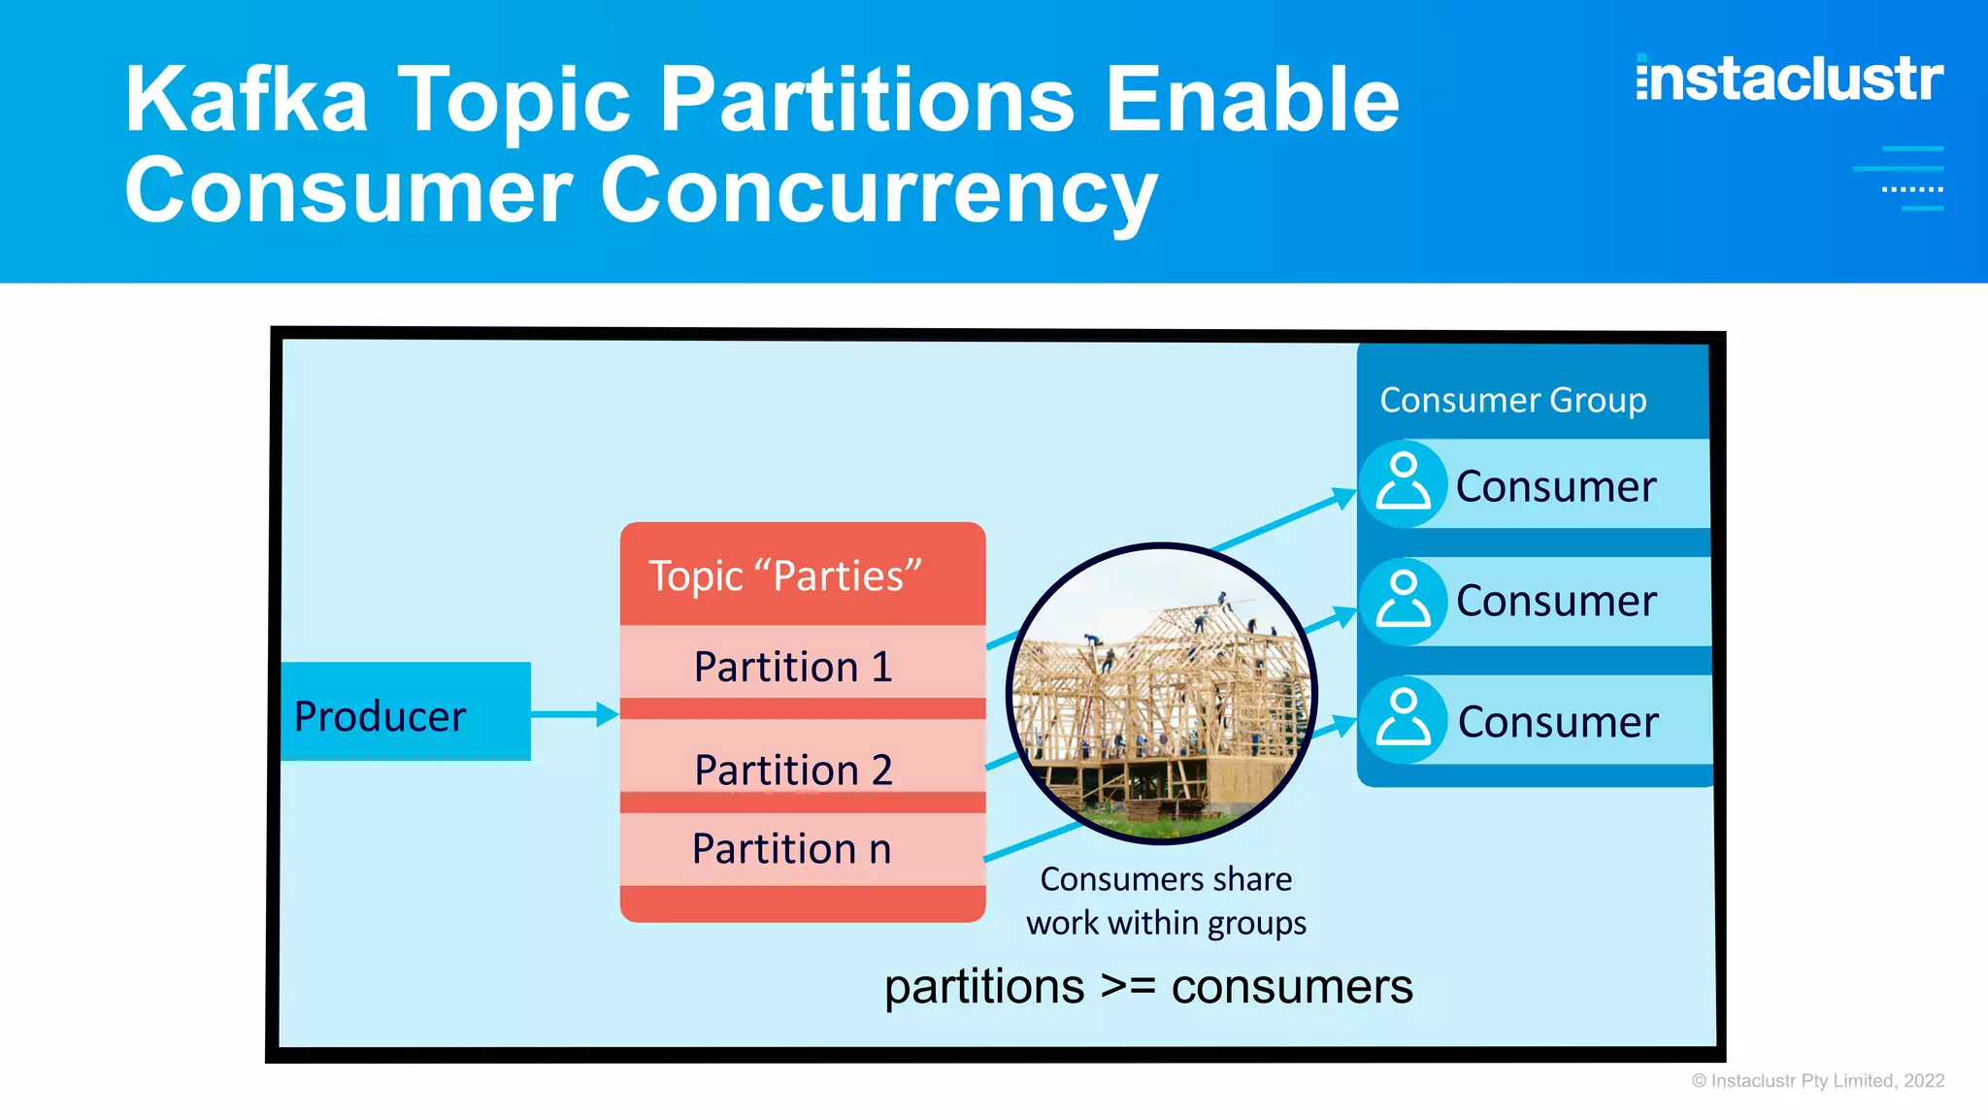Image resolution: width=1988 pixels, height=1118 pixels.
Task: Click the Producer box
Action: (x=405, y=712)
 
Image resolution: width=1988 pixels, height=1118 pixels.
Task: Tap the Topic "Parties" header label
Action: (x=784, y=575)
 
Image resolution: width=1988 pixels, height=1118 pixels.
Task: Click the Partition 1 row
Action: (x=793, y=666)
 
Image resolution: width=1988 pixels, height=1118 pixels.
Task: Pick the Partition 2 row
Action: (x=793, y=769)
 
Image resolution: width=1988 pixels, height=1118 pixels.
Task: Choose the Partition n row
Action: (x=793, y=848)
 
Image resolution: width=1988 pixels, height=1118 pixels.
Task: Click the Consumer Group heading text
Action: (x=1512, y=400)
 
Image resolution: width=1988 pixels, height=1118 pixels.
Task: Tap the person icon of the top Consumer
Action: (x=1404, y=483)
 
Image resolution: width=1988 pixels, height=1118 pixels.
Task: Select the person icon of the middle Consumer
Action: (x=1404, y=600)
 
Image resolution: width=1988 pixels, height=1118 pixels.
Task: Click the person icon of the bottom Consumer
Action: (x=1404, y=720)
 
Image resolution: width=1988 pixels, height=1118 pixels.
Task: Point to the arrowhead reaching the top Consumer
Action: (x=1344, y=498)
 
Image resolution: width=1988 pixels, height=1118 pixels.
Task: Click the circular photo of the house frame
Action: (x=1161, y=693)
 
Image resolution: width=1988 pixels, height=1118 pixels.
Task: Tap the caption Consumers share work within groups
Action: (x=1166, y=901)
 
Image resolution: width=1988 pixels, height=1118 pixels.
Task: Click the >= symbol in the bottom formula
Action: (x=1128, y=986)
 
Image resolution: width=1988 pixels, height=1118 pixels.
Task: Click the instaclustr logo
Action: (x=1789, y=79)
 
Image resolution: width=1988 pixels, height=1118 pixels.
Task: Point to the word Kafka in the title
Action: (x=247, y=99)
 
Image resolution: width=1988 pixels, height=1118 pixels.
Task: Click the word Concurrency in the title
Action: (x=878, y=191)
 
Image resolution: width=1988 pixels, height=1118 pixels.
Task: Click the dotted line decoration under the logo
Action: (x=1911, y=189)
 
